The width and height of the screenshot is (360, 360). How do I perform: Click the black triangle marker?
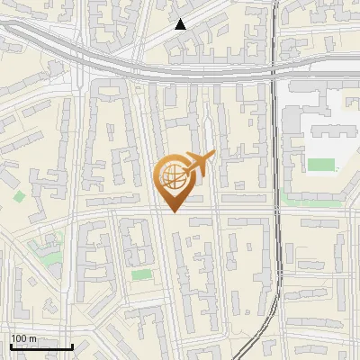tap(181, 25)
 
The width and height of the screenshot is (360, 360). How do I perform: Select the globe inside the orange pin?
tap(173, 177)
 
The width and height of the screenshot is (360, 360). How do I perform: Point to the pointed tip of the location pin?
tap(174, 211)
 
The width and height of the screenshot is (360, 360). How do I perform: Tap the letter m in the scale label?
tap(32, 338)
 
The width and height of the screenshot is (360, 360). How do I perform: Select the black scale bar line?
tap(40, 346)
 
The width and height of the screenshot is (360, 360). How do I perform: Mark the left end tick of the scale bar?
tap(10, 345)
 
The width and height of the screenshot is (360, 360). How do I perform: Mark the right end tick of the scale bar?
tap(72, 345)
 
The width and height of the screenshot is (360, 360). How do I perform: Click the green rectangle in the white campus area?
tap(320, 165)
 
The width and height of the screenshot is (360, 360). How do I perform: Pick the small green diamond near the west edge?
tap(19, 196)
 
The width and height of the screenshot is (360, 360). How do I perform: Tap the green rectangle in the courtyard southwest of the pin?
tap(140, 274)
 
